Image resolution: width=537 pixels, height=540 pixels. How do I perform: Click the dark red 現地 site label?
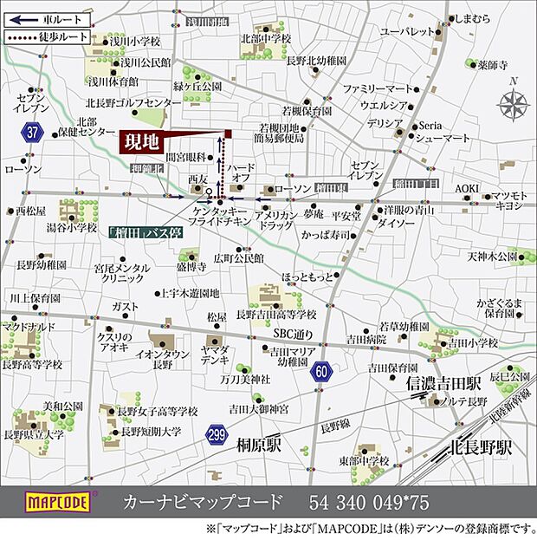139,142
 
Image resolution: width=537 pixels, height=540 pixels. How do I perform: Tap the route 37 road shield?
33,132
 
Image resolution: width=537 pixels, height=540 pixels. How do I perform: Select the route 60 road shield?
322,372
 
